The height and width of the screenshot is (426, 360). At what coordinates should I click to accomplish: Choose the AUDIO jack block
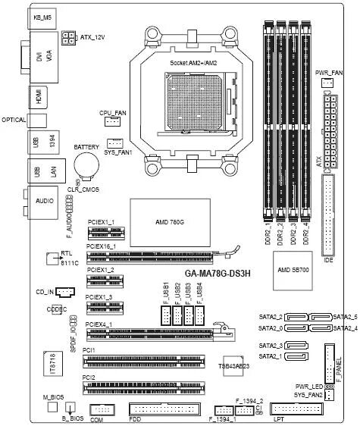(x=42, y=203)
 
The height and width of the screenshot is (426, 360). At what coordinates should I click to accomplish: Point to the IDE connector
(x=329, y=215)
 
